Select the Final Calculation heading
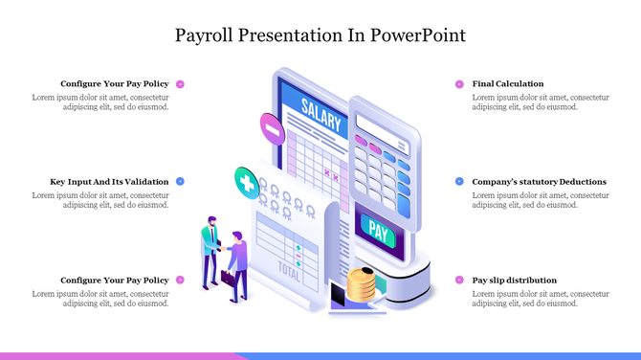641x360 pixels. (508, 84)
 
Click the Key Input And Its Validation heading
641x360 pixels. (109, 181)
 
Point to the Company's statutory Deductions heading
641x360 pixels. (540, 181)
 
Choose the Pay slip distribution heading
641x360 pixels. (515, 281)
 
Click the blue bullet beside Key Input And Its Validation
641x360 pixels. (180, 181)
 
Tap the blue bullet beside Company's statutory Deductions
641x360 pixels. (459, 181)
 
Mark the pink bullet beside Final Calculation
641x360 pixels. (459, 84)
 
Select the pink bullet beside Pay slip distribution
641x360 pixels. (459, 281)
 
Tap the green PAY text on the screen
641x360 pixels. (378, 231)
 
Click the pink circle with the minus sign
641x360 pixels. (272, 125)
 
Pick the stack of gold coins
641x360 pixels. (361, 284)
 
